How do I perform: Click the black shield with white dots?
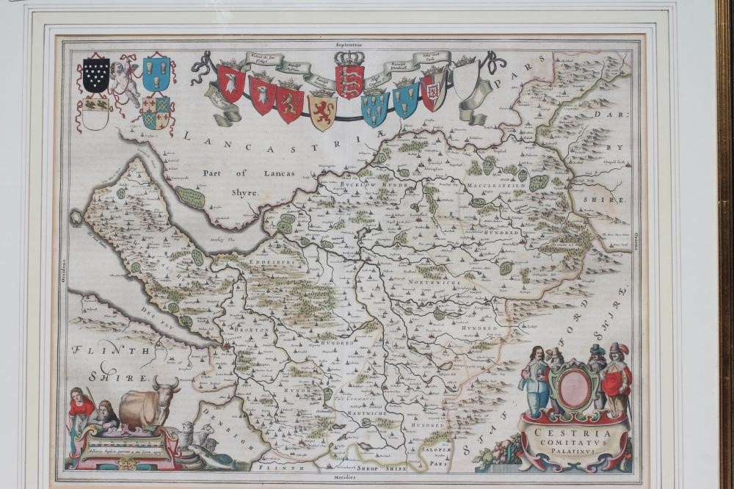[96, 74]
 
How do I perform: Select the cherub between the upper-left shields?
[126, 77]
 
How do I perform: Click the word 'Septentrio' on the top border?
[347, 45]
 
